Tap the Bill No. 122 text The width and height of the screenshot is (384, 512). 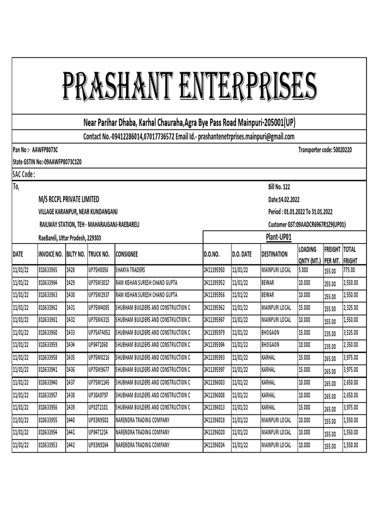[279, 187]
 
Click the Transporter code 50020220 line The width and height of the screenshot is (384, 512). [324, 149]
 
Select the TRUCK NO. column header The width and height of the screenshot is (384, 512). [99, 254]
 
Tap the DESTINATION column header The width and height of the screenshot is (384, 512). [274, 254]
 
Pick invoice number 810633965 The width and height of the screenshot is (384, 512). [48, 270]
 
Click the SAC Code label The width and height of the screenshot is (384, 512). [23, 174]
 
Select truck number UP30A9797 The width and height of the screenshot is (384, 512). [99, 394]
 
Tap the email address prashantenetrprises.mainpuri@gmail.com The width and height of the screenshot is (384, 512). [246, 137]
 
